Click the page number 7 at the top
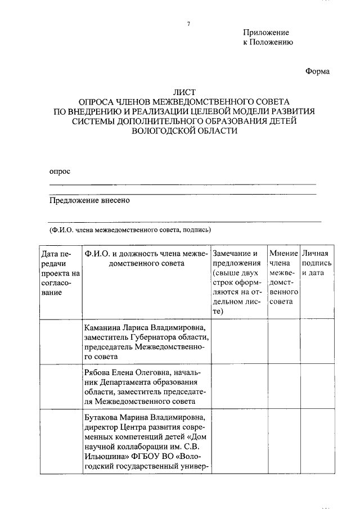[189, 24]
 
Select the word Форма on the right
[317, 71]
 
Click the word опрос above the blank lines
[60, 171]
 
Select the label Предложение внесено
[89, 200]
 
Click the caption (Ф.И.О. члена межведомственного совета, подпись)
[130, 229]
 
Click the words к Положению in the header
[267, 42]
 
